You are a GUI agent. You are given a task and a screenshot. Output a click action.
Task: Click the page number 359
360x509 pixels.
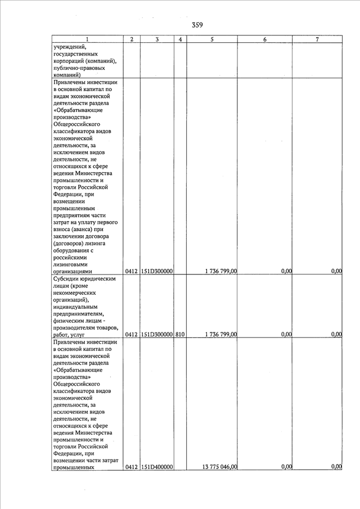[197, 25]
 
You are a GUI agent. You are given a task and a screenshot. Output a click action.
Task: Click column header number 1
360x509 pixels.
[87, 39]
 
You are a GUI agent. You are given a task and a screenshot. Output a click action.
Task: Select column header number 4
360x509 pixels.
[179, 39]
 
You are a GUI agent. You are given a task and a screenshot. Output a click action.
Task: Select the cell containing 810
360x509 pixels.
[179, 334]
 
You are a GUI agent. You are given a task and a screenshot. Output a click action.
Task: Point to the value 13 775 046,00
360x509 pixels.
[219, 466]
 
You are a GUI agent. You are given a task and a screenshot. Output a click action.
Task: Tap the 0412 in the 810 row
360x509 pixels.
[132, 334]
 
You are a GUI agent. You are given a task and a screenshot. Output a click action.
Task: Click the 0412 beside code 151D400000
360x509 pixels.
[132, 466]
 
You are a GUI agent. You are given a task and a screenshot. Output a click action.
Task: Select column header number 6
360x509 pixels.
[264, 39]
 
